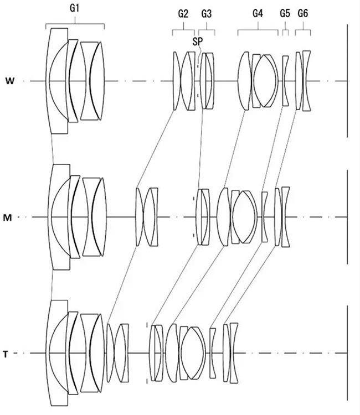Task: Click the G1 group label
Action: pyautogui.click(x=74, y=8)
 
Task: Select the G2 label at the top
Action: pyautogui.click(x=183, y=13)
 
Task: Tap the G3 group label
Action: pyautogui.click(x=207, y=13)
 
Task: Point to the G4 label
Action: pyautogui.click(x=258, y=13)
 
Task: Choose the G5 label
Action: pyautogui.click(x=285, y=13)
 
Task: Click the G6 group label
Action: pyautogui.click(x=303, y=13)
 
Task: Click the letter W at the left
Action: pyautogui.click(x=10, y=81)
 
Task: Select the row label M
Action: pyautogui.click(x=7, y=218)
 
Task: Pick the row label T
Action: pyautogui.click(x=6, y=354)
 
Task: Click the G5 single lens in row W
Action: pyautogui.click(x=285, y=81)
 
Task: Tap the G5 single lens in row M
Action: pyautogui.click(x=264, y=217)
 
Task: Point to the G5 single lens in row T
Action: pyautogui.click(x=213, y=353)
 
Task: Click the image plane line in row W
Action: pyautogui.click(x=347, y=81)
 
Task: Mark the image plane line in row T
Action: pyautogui.click(x=347, y=353)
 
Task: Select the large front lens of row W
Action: pyautogui.click(x=57, y=81)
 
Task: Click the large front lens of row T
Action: pyautogui.click(x=57, y=353)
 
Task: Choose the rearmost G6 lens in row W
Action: pyautogui.click(x=306, y=81)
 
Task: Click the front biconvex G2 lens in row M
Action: pyautogui.click(x=140, y=217)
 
